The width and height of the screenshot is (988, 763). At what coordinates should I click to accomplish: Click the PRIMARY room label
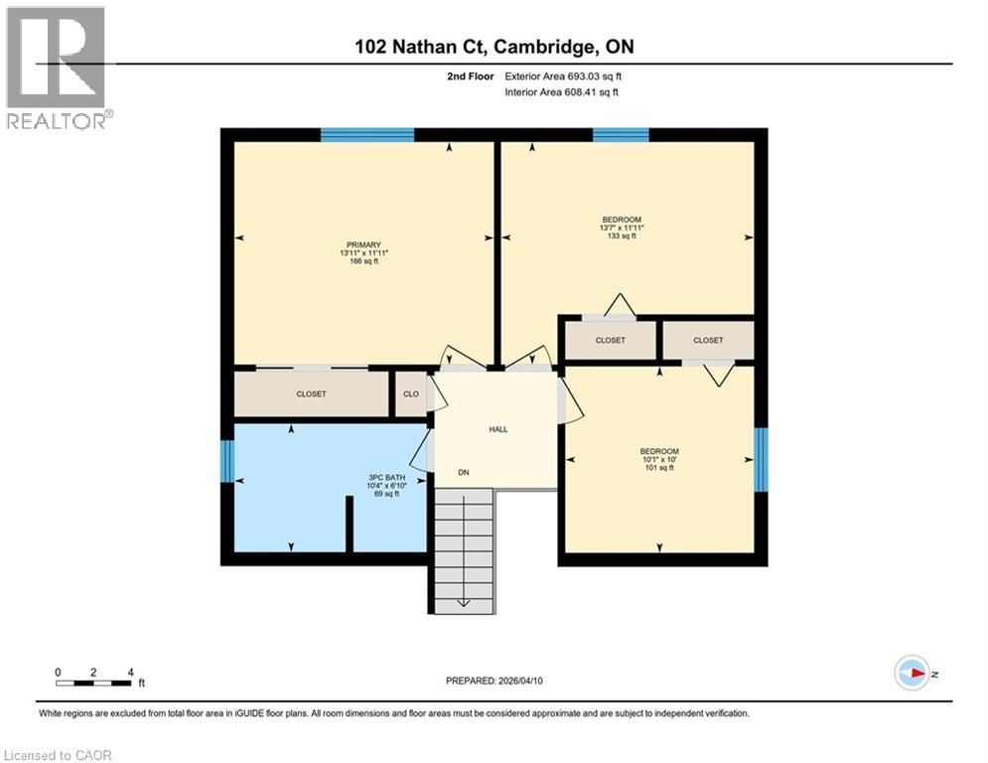(x=362, y=244)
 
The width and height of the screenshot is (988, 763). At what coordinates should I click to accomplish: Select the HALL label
(x=497, y=429)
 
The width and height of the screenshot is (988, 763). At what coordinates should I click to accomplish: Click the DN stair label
(x=463, y=472)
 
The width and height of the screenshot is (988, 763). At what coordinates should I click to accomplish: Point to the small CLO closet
(x=410, y=393)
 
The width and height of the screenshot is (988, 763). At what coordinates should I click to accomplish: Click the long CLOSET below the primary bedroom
(x=311, y=393)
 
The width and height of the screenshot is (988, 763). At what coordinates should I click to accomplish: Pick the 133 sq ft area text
(x=622, y=236)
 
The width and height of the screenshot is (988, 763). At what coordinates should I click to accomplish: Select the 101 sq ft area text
(x=659, y=468)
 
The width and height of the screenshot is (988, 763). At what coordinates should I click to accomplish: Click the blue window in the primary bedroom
(x=367, y=135)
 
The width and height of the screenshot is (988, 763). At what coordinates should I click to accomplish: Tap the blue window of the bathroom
(x=226, y=461)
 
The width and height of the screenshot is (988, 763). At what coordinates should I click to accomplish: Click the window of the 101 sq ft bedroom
(x=761, y=460)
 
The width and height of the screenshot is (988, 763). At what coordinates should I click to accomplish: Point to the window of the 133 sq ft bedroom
(x=621, y=135)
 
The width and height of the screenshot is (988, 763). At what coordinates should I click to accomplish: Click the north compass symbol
(x=911, y=673)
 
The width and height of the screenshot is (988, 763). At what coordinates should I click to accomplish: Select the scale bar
(x=94, y=682)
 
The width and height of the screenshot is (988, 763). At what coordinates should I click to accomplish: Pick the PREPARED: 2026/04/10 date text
(x=494, y=681)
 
